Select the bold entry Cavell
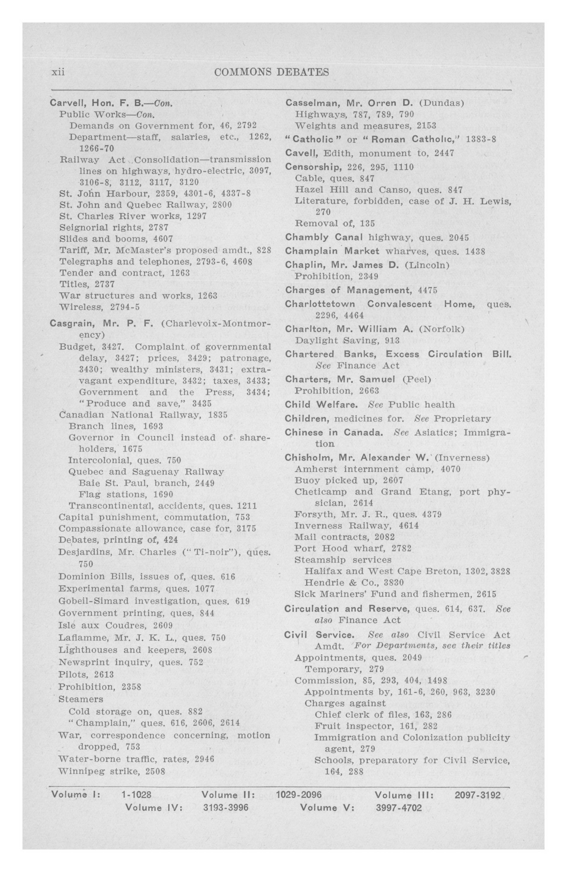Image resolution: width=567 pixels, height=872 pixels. (x=302, y=153)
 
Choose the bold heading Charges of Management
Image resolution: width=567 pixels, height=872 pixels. (x=346, y=290)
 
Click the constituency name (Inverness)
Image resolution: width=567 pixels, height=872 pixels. (x=462, y=458)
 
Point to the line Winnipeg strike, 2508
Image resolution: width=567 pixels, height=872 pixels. (x=112, y=771)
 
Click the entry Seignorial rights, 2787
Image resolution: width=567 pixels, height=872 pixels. (x=114, y=228)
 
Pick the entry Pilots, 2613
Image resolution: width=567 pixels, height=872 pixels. (x=86, y=674)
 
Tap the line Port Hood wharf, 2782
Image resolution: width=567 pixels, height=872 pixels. (x=353, y=548)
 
